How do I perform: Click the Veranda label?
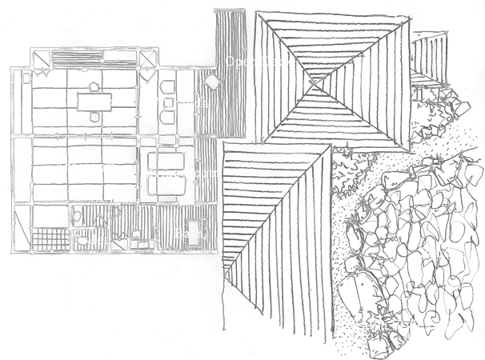click(x=182, y=103)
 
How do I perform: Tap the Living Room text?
click(x=180, y=173)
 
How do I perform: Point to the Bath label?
click(x=190, y=234)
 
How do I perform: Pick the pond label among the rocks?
click(x=436, y=253)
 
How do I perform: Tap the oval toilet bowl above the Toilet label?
click(x=78, y=216)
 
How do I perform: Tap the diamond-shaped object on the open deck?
click(x=213, y=82)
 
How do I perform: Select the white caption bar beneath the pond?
click(x=411, y=326)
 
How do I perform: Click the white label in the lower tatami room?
click(x=86, y=167)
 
